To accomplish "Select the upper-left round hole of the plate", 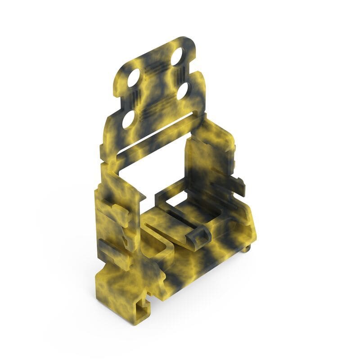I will click(134, 78).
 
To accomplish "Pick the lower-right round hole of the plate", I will click(182, 92).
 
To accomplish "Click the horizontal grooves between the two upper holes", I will click(155, 67).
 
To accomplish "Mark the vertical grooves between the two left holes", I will click(131, 99).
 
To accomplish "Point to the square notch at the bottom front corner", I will click(144, 306).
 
